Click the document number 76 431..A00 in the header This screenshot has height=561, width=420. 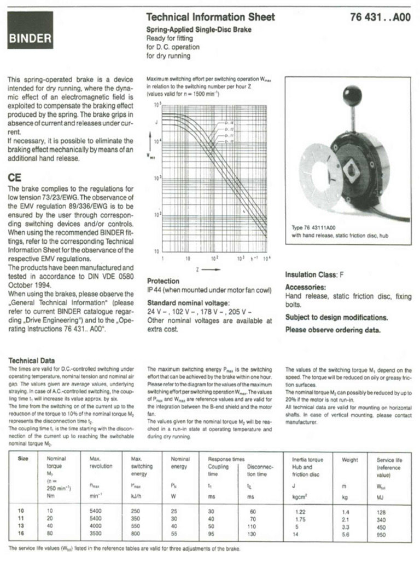pyautogui.click(x=380, y=17)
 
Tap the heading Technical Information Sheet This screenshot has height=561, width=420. pyautogui.click(x=211, y=17)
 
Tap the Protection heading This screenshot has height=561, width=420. pyautogui.click(x=164, y=280)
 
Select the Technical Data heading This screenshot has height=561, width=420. pyautogui.click(x=32, y=361)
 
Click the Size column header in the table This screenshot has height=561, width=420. pyautogui.click(x=23, y=459)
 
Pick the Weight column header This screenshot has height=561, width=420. pyautogui.click(x=350, y=460)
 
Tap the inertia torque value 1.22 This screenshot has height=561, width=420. pyautogui.click(x=300, y=511)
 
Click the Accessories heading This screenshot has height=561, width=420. pyautogui.click(x=305, y=287)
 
